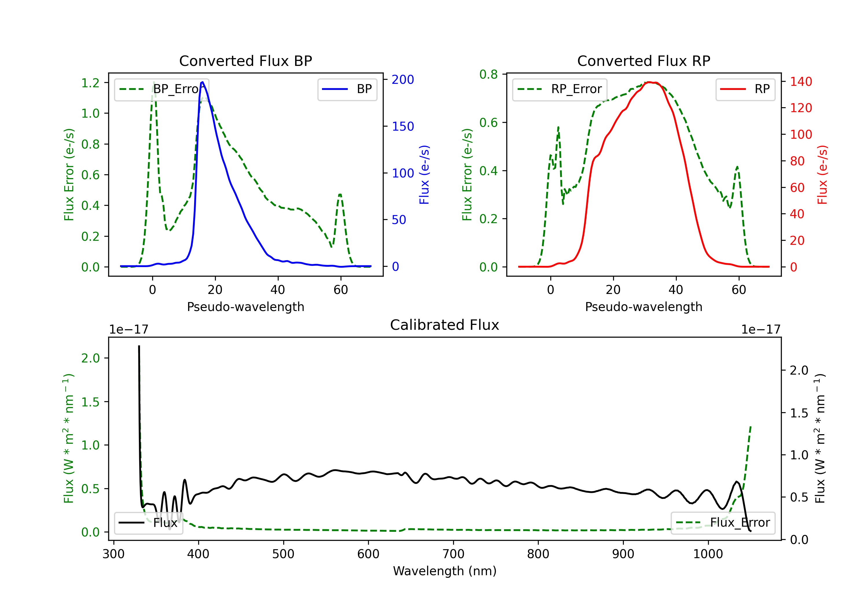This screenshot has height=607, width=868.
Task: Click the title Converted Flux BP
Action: coord(245,61)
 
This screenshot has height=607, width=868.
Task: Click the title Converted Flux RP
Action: coord(643,61)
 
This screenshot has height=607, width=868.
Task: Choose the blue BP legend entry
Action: coord(347,89)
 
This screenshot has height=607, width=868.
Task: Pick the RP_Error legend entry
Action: coord(560,89)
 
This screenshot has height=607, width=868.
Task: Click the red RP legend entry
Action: coord(745,89)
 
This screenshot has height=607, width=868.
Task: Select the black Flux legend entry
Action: coord(148,523)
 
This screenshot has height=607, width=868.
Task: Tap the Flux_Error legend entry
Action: coord(723,523)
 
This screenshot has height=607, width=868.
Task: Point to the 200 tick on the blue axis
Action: coord(403,80)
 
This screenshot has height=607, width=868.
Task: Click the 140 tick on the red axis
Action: coord(801,82)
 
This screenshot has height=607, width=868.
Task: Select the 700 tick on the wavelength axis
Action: coord(453,554)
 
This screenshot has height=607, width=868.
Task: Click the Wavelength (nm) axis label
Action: coord(445,571)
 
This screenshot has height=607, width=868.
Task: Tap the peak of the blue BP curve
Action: coord(203,82)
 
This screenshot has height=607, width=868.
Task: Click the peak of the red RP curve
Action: coord(649,82)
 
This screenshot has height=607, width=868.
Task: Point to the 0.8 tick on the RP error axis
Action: coord(488,74)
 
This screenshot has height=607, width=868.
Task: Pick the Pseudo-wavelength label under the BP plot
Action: coord(245,307)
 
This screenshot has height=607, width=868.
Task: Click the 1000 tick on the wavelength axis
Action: coord(708,554)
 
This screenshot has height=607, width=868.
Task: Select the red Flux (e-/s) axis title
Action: coord(822,175)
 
